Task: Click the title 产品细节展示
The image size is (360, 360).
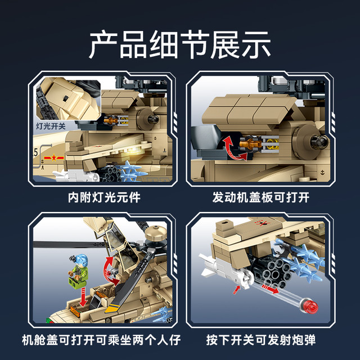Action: click(180, 44)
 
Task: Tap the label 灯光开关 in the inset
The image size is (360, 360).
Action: click(51, 126)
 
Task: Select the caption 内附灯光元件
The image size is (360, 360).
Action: click(104, 197)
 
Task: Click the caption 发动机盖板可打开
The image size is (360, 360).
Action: click(261, 197)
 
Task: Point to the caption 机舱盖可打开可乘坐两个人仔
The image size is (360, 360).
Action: click(101, 340)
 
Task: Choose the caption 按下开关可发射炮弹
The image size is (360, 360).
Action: click(261, 340)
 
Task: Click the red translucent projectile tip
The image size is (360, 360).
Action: click(311, 306)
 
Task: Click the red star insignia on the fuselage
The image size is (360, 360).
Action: click(54, 157)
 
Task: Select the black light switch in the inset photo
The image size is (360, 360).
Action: click(66, 98)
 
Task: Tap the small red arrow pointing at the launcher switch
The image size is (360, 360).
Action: click(236, 290)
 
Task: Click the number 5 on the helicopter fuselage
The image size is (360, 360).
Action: click(35, 152)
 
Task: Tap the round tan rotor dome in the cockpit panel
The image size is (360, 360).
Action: click(156, 233)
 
